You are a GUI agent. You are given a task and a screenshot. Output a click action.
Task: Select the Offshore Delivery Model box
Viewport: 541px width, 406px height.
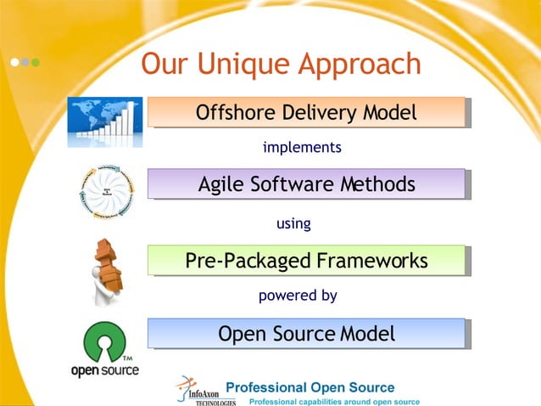point(306,112)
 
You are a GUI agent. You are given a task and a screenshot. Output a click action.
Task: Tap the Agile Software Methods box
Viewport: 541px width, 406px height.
point(306,184)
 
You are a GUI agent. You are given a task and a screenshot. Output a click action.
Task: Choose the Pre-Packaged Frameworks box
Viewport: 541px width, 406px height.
point(306,260)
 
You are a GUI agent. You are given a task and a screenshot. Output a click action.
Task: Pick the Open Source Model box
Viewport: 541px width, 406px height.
point(306,334)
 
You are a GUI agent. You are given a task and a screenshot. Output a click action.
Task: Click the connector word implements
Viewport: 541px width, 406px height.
point(302,148)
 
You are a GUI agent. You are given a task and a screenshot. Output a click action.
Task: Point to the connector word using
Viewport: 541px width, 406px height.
point(294,224)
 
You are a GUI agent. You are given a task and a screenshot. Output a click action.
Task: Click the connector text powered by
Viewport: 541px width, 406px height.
point(298,296)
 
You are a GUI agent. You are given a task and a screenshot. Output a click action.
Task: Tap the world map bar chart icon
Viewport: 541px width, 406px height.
point(106,118)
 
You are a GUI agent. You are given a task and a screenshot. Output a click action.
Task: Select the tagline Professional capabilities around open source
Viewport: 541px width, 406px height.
point(333,401)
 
